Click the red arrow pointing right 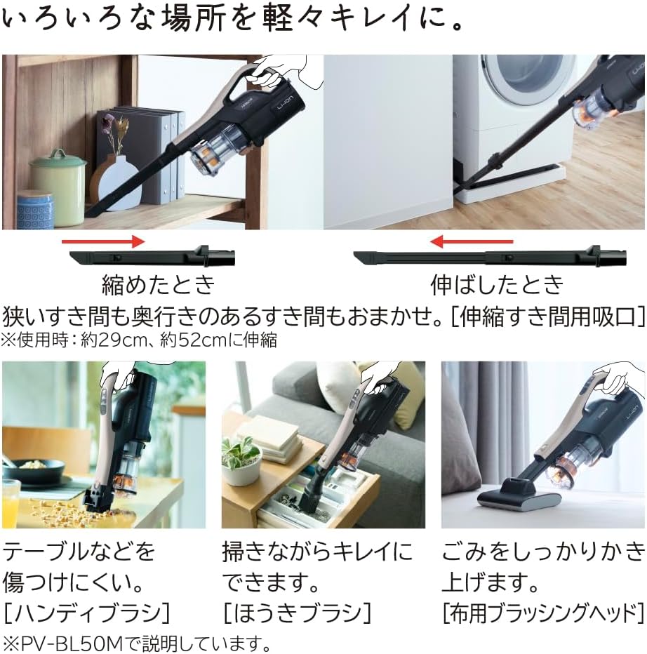coord(102,241)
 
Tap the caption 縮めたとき coord(156,284)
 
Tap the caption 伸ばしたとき coord(497,284)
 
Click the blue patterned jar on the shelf coord(34,210)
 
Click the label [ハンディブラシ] coord(86,613)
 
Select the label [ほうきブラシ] coord(296,613)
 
